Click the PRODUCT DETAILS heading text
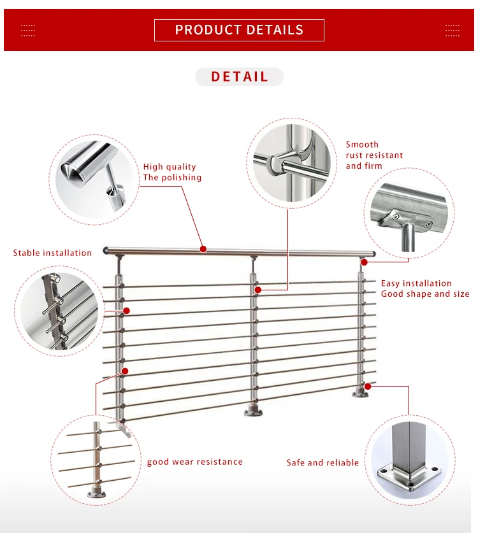pos(239,30)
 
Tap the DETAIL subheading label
pos(239,77)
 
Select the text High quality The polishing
pos(172,173)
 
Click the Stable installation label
pos(52,253)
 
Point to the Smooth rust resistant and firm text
pos(374,155)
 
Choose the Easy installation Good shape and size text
pos(424,288)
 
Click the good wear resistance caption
pos(194,462)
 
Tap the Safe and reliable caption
pos(322,463)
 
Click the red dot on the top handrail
pos(203,249)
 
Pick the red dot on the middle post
pos(258,290)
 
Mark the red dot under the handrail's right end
pos(363,262)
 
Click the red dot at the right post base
pos(368,385)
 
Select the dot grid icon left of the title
pos(28,30)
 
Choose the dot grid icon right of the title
pos(452,30)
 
